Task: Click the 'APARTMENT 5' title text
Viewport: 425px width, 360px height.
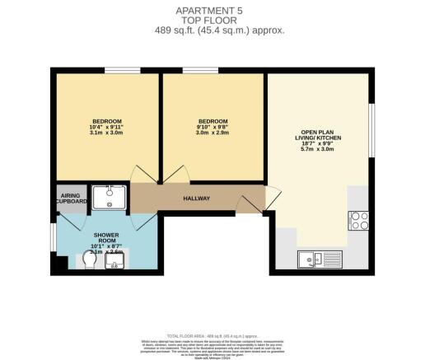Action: pos(213,9)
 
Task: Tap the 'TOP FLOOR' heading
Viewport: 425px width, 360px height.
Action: pos(213,20)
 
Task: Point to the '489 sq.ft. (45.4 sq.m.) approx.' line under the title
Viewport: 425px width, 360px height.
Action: pos(213,30)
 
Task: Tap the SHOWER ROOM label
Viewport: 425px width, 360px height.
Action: pos(106,235)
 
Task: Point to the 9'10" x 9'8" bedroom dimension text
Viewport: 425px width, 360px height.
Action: pos(212,126)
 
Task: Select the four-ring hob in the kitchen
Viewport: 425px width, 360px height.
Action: pos(359,220)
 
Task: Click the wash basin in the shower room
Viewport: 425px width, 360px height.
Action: pos(113,263)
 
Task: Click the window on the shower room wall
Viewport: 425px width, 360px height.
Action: pos(54,238)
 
